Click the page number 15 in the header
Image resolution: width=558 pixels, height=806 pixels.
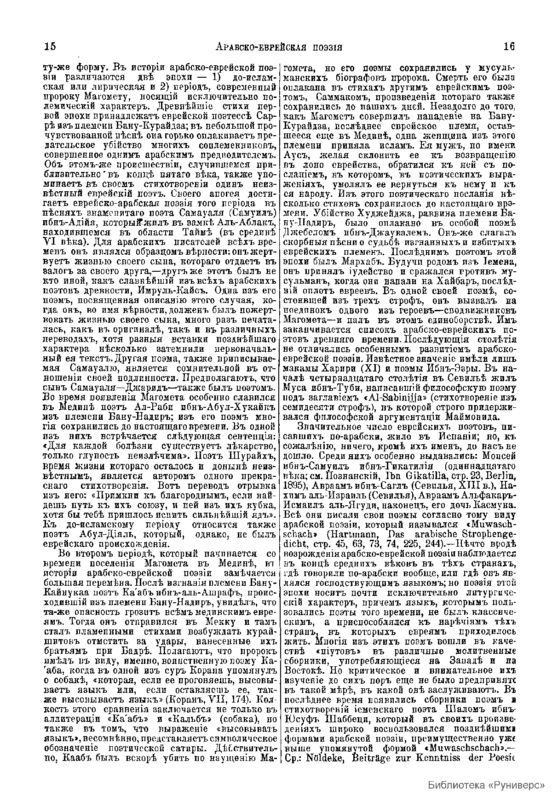(50, 46)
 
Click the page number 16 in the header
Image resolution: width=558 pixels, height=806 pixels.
(509, 46)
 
